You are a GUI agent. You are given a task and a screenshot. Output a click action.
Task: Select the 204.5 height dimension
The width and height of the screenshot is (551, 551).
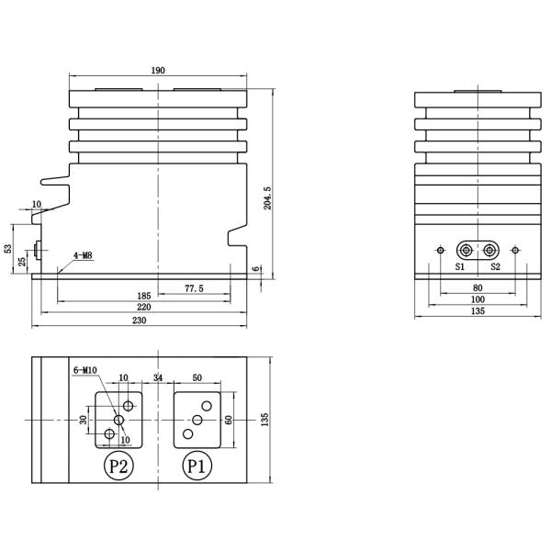click(x=267, y=198)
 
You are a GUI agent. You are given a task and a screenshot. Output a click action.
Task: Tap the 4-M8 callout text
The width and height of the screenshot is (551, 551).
click(x=83, y=255)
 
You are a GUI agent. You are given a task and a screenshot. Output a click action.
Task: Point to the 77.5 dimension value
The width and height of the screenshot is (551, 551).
click(x=194, y=288)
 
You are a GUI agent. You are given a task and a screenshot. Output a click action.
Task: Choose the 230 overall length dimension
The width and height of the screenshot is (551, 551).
click(x=140, y=320)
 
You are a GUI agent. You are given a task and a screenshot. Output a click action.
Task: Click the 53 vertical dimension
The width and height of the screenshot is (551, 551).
click(x=8, y=249)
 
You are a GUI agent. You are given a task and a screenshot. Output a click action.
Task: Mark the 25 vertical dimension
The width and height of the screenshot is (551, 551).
click(x=22, y=262)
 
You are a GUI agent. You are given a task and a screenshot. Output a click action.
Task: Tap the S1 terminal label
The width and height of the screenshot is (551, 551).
click(x=459, y=266)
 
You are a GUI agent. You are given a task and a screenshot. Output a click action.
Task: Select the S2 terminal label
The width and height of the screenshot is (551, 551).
click(x=495, y=266)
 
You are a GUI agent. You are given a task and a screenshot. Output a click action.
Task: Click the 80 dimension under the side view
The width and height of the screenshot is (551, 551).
click(x=477, y=287)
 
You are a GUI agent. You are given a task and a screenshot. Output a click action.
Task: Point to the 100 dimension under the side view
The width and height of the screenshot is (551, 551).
click(x=477, y=299)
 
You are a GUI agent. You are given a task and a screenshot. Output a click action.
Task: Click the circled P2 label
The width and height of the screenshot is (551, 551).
click(x=117, y=466)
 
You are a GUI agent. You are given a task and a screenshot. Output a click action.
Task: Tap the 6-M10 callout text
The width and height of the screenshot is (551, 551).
click(x=84, y=370)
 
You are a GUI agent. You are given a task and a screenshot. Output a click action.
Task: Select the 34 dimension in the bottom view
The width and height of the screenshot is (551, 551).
click(x=158, y=377)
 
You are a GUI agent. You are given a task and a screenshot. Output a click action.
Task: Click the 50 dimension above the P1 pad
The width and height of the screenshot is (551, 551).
click(x=197, y=377)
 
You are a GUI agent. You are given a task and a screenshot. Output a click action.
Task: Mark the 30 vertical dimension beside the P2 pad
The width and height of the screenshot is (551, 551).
click(x=83, y=420)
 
